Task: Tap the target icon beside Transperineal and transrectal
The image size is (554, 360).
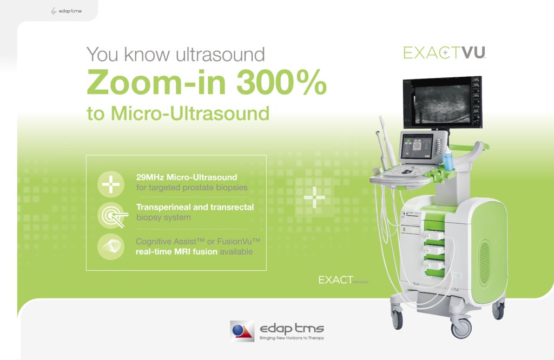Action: point(111,215)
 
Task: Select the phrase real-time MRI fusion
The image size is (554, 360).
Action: point(177,252)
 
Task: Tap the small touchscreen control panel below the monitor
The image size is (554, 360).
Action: point(419,147)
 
